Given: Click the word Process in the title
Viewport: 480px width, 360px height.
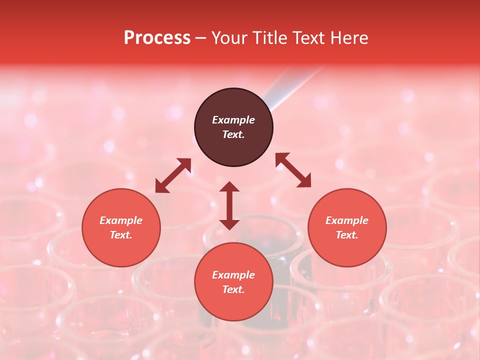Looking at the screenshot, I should (157, 38).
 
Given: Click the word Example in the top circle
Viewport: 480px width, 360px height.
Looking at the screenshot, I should (233, 120).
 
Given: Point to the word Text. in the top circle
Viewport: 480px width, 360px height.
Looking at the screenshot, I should (233, 134).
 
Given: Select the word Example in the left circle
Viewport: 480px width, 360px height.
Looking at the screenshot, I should (121, 220).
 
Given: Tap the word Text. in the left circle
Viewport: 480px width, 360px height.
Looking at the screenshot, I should (121, 235).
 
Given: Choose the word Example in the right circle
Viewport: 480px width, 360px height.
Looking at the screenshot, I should (347, 220).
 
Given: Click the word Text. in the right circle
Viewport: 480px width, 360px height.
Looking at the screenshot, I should (347, 235).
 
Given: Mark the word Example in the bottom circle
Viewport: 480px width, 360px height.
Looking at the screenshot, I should (233, 275).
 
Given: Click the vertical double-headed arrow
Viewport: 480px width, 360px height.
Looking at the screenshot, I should (229, 205).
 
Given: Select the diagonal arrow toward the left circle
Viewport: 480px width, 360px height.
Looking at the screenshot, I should (173, 175).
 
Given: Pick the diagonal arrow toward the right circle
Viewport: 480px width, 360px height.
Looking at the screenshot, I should (293, 170).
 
